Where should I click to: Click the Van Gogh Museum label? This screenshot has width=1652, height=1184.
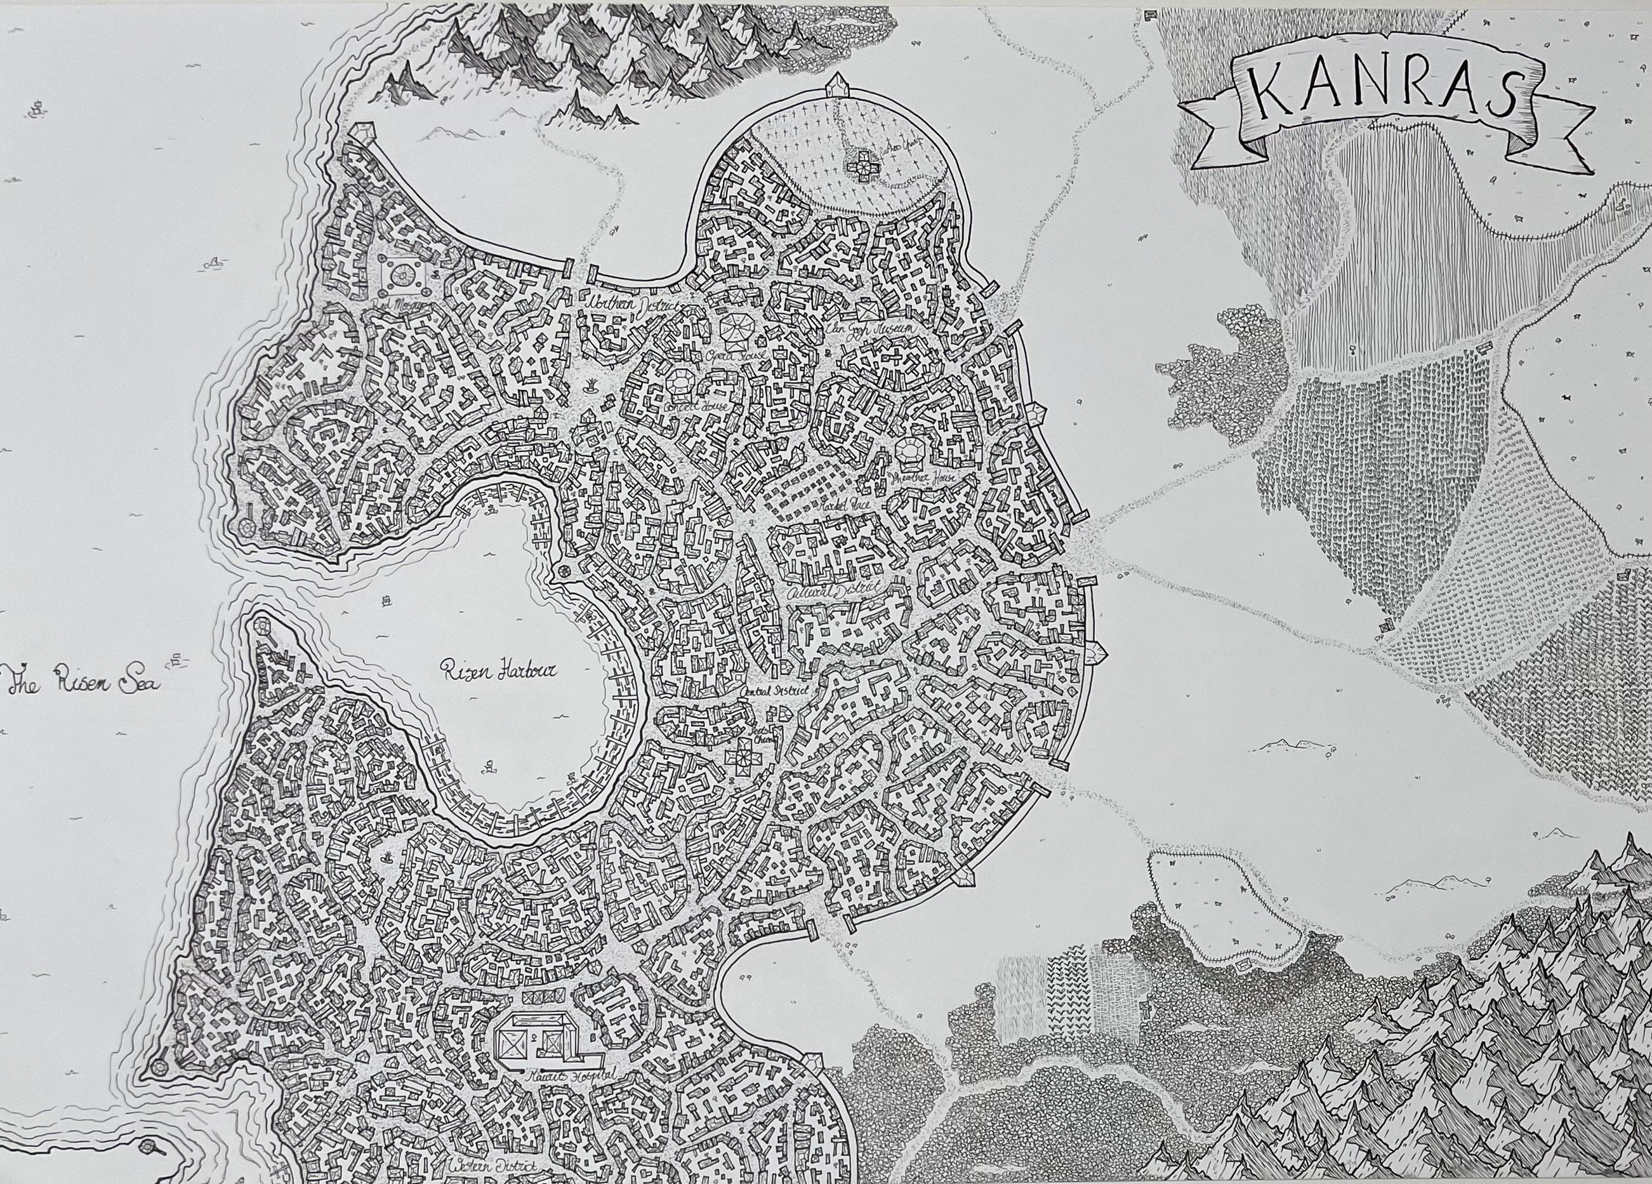(x=871, y=330)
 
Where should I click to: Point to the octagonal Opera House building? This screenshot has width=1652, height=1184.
(x=736, y=325)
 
